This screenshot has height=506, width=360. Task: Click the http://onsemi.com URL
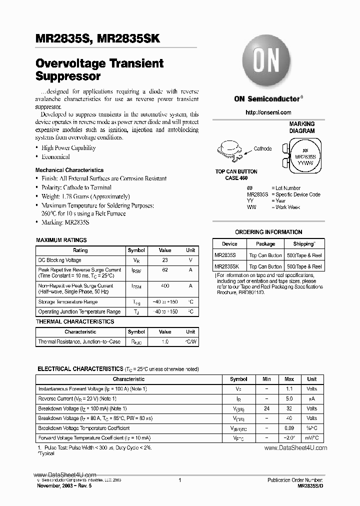(x=268, y=112)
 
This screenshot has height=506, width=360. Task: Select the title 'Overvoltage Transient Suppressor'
(x=99, y=70)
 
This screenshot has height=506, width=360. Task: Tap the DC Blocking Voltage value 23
(x=164, y=260)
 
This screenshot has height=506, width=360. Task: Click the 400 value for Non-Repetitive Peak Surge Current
(x=164, y=286)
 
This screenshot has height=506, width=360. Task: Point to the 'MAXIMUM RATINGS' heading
(x=61, y=240)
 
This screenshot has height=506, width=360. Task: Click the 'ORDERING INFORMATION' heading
(x=268, y=232)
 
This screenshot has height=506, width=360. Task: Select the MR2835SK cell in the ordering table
(x=227, y=267)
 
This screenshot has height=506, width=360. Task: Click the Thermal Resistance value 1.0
(x=164, y=342)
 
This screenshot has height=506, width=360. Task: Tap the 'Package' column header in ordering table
(x=265, y=244)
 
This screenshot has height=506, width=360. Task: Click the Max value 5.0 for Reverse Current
(x=289, y=398)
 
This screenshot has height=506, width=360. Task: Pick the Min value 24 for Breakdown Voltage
(x=266, y=408)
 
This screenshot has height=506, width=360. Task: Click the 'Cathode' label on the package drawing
(x=262, y=148)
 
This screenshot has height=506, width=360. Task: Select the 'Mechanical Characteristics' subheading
(x=69, y=170)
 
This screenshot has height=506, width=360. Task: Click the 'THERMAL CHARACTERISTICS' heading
(x=75, y=321)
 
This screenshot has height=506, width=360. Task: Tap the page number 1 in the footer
(x=179, y=480)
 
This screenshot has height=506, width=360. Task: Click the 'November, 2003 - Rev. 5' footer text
(x=64, y=485)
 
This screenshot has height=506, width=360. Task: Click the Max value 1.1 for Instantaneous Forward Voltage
(x=289, y=388)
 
